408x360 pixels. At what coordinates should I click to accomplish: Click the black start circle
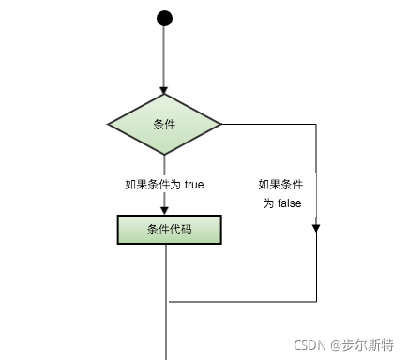pos(165,18)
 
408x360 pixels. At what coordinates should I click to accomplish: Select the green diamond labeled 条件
pos(164,124)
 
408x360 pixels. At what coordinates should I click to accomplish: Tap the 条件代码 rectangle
pos(170,230)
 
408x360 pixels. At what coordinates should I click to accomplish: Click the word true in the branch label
pos(192,185)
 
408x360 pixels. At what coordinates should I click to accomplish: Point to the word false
pos(287,203)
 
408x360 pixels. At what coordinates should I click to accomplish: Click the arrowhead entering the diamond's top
pos(165,88)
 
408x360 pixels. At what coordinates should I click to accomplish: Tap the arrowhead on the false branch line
pos(316,226)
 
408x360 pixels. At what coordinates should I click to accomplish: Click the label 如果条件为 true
pos(164,185)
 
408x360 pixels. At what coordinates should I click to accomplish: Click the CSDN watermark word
pos(307,345)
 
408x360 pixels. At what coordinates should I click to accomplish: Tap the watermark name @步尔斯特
pos(357,345)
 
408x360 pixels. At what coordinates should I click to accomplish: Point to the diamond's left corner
pos(109,124)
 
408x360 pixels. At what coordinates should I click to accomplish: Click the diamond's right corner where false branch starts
pos(220,124)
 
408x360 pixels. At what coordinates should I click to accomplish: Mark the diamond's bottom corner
pos(165,154)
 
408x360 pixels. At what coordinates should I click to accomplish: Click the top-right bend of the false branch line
pos(316,124)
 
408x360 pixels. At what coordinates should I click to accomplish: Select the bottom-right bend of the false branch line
pos(316,302)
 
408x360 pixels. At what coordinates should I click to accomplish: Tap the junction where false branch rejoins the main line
pos(166,302)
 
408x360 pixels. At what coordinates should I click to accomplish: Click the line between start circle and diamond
pos(165,56)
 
